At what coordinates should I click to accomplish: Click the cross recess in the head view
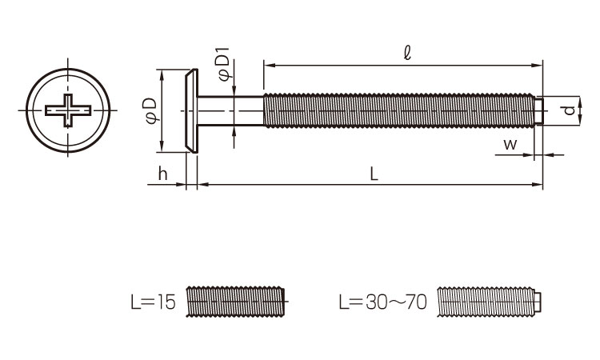click(68, 110)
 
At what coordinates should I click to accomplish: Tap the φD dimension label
click(150, 110)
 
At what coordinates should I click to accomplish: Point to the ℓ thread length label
click(407, 53)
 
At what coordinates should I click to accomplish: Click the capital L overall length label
click(374, 174)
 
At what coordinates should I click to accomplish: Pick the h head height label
click(162, 174)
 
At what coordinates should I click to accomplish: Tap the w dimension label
click(510, 145)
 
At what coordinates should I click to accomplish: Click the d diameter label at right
click(570, 110)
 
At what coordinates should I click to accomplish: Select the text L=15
click(153, 302)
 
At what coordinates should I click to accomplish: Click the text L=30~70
click(382, 302)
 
